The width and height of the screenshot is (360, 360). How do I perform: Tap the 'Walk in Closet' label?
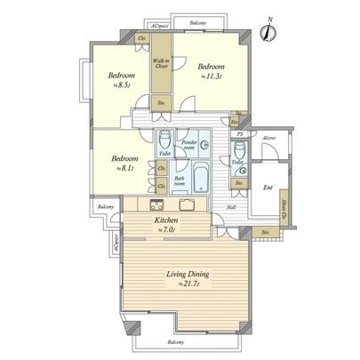(162, 61)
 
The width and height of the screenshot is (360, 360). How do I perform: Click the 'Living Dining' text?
(188, 276)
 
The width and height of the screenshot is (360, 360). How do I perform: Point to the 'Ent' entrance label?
(268, 187)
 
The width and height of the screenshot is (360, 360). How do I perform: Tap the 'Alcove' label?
(269, 139)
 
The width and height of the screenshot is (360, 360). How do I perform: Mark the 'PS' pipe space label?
(240, 134)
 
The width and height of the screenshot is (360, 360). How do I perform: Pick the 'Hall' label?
(230, 207)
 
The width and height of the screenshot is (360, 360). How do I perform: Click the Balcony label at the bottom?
(177, 341)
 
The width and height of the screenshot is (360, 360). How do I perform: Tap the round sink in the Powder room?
(205, 146)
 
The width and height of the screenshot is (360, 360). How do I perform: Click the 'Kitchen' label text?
(166, 220)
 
